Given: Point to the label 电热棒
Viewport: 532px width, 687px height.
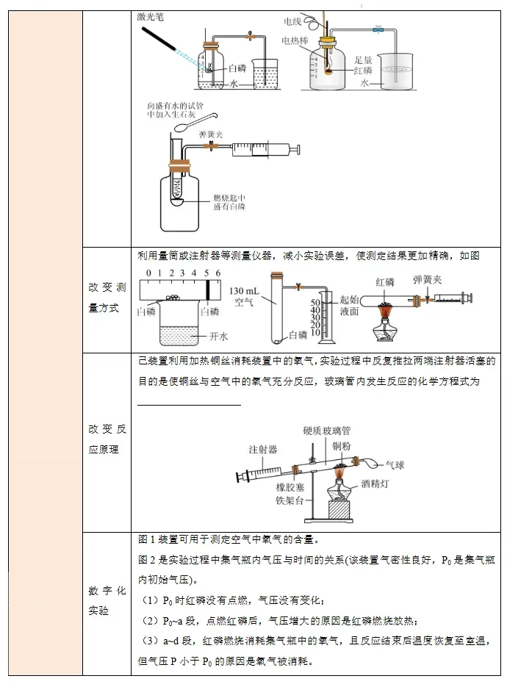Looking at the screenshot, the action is [x=295, y=40].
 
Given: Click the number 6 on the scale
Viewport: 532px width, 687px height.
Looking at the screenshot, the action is [x=218, y=273].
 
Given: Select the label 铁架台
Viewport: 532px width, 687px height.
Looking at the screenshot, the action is [x=290, y=500].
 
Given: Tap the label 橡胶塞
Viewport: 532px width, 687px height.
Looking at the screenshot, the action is [x=290, y=487].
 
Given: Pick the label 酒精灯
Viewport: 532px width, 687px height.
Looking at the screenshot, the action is [x=377, y=484].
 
